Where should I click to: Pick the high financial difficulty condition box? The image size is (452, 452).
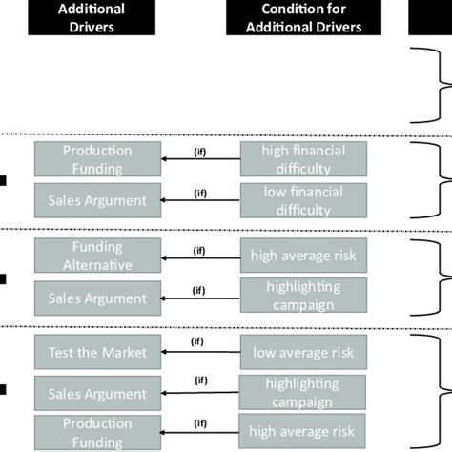coord(302,159)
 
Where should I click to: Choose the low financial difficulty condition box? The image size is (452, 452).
coord(302,200)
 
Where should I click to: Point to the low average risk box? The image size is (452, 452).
coord(302,353)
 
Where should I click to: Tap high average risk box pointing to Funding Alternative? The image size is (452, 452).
coord(302,256)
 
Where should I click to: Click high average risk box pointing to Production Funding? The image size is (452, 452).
coord(302,431)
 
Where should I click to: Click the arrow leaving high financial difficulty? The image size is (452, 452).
coord(200,160)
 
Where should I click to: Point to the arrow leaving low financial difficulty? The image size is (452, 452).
coord(200,201)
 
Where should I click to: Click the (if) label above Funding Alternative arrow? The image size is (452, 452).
coord(200,250)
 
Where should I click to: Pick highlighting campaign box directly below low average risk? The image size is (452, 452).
coord(302,392)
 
